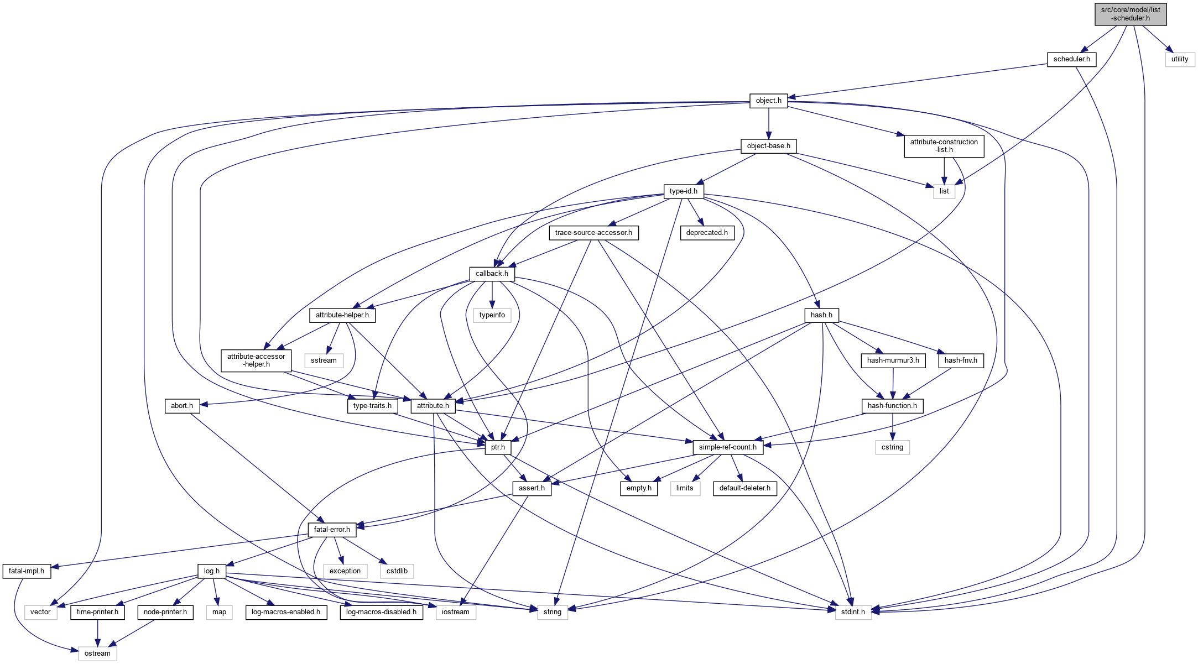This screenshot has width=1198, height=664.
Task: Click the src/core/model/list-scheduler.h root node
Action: (x=1131, y=14)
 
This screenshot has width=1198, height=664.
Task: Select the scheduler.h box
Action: (x=1071, y=59)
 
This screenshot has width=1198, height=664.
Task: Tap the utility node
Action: (x=1179, y=59)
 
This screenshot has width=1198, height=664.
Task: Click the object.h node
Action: (x=768, y=101)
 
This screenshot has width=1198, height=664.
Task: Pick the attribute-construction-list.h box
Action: (x=944, y=146)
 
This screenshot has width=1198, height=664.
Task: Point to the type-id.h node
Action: (x=683, y=191)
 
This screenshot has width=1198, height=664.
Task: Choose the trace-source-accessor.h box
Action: (x=593, y=233)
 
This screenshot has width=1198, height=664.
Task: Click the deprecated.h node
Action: (x=707, y=233)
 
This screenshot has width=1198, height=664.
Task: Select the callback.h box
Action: (x=492, y=274)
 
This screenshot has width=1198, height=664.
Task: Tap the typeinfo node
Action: (x=492, y=315)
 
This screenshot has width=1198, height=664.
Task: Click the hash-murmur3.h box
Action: (x=893, y=360)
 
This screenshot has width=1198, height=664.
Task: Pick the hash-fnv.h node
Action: (x=961, y=360)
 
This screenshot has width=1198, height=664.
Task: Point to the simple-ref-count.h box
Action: (x=727, y=447)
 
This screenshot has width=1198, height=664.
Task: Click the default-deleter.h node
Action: (x=744, y=488)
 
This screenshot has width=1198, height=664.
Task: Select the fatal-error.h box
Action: (x=332, y=530)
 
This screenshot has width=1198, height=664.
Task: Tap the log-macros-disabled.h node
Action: (x=381, y=612)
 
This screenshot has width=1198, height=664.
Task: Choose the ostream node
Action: (x=97, y=653)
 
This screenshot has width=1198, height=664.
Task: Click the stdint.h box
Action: (x=853, y=612)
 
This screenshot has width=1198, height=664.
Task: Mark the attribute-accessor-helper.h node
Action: (x=256, y=360)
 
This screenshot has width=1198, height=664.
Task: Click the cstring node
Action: (x=892, y=447)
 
